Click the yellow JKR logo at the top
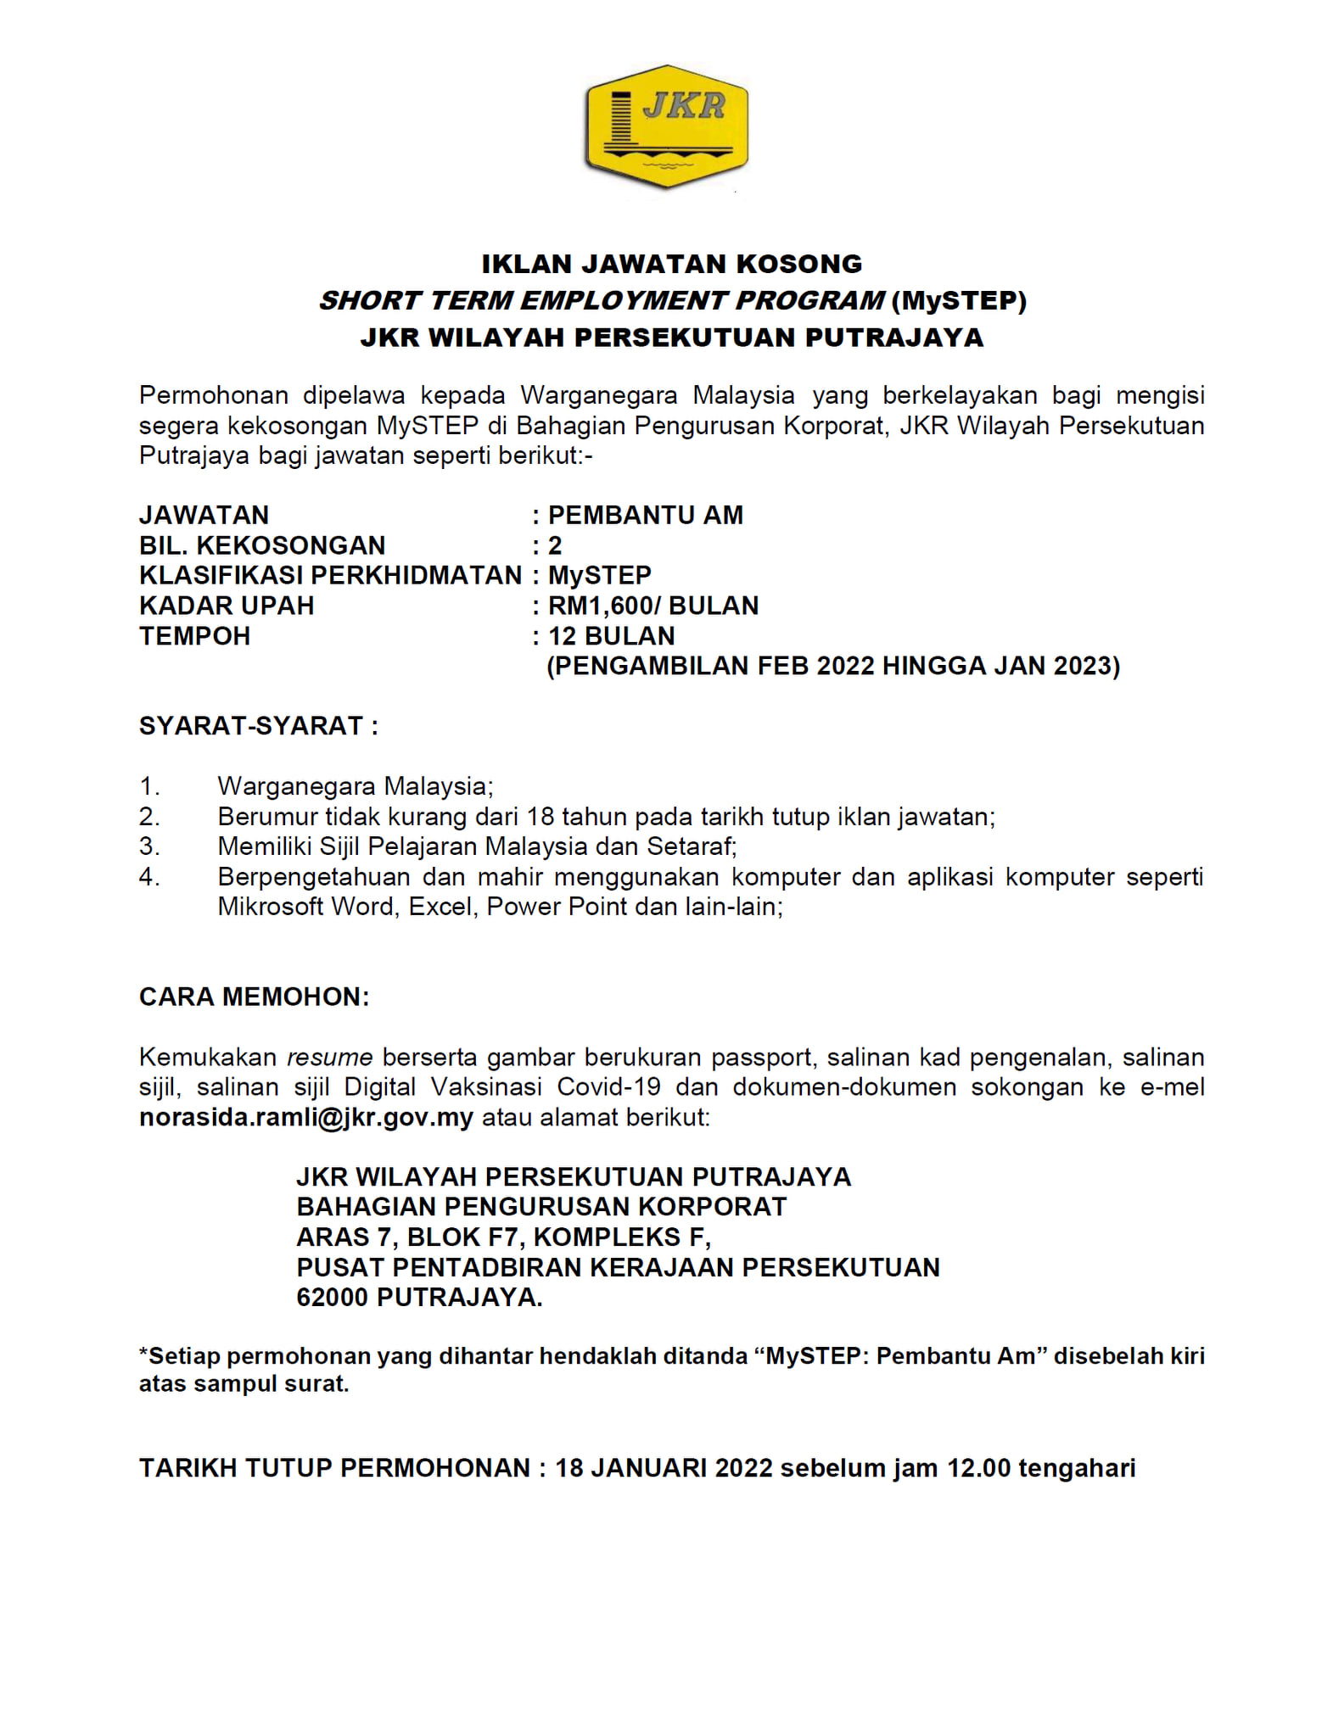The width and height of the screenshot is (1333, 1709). tap(667, 126)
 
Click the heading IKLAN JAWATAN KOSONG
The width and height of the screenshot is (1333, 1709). tap(671, 264)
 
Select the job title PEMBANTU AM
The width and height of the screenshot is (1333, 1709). tap(645, 515)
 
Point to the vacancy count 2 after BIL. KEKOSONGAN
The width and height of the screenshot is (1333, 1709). tap(555, 545)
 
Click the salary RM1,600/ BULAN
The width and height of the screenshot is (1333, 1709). tap(653, 606)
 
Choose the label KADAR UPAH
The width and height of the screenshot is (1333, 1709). tap(227, 606)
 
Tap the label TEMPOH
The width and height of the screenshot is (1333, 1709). tap(195, 636)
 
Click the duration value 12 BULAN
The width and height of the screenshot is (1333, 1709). tap(611, 636)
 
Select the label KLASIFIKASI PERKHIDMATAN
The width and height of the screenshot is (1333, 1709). tap(330, 575)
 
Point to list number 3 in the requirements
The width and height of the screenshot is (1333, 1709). tap(149, 846)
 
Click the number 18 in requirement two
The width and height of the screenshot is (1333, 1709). tap(540, 817)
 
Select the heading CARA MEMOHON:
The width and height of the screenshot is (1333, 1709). tap(254, 997)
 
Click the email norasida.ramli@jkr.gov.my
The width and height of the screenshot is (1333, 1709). tap(306, 1117)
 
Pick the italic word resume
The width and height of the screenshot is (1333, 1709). tap(329, 1058)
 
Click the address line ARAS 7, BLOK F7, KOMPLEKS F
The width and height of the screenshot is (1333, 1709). tap(503, 1237)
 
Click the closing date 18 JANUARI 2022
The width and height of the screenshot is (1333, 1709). tap(664, 1468)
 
